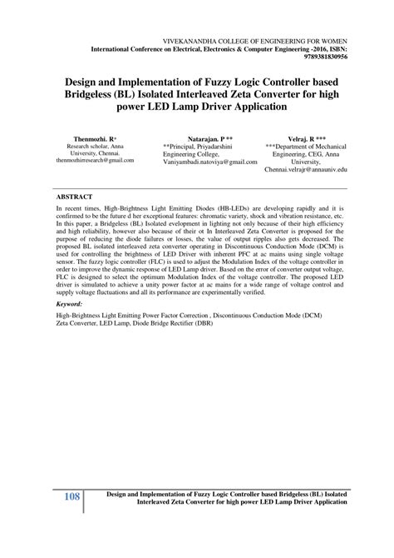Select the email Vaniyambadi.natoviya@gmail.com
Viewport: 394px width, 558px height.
(x=209, y=161)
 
